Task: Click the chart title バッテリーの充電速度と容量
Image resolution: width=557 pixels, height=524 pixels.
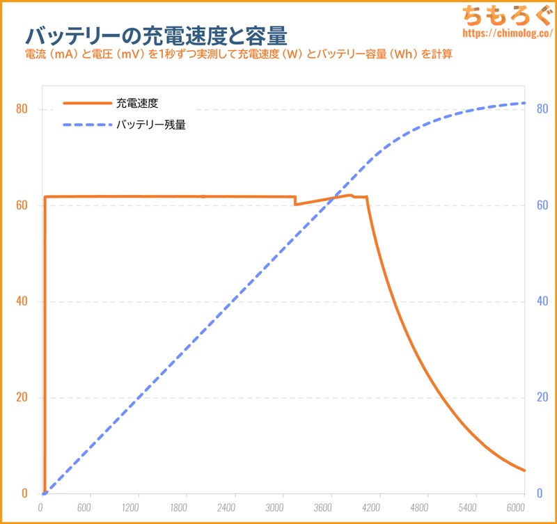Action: click(x=156, y=35)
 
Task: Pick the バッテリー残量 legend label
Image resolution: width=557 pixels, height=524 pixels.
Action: click(x=150, y=125)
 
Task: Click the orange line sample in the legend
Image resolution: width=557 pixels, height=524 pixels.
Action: click(x=87, y=103)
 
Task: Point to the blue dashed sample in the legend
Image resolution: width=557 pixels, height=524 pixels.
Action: click(x=87, y=125)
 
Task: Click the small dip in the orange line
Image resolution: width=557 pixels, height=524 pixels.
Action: click(x=296, y=204)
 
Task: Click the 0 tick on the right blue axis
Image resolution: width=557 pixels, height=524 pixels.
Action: click(x=540, y=493)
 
